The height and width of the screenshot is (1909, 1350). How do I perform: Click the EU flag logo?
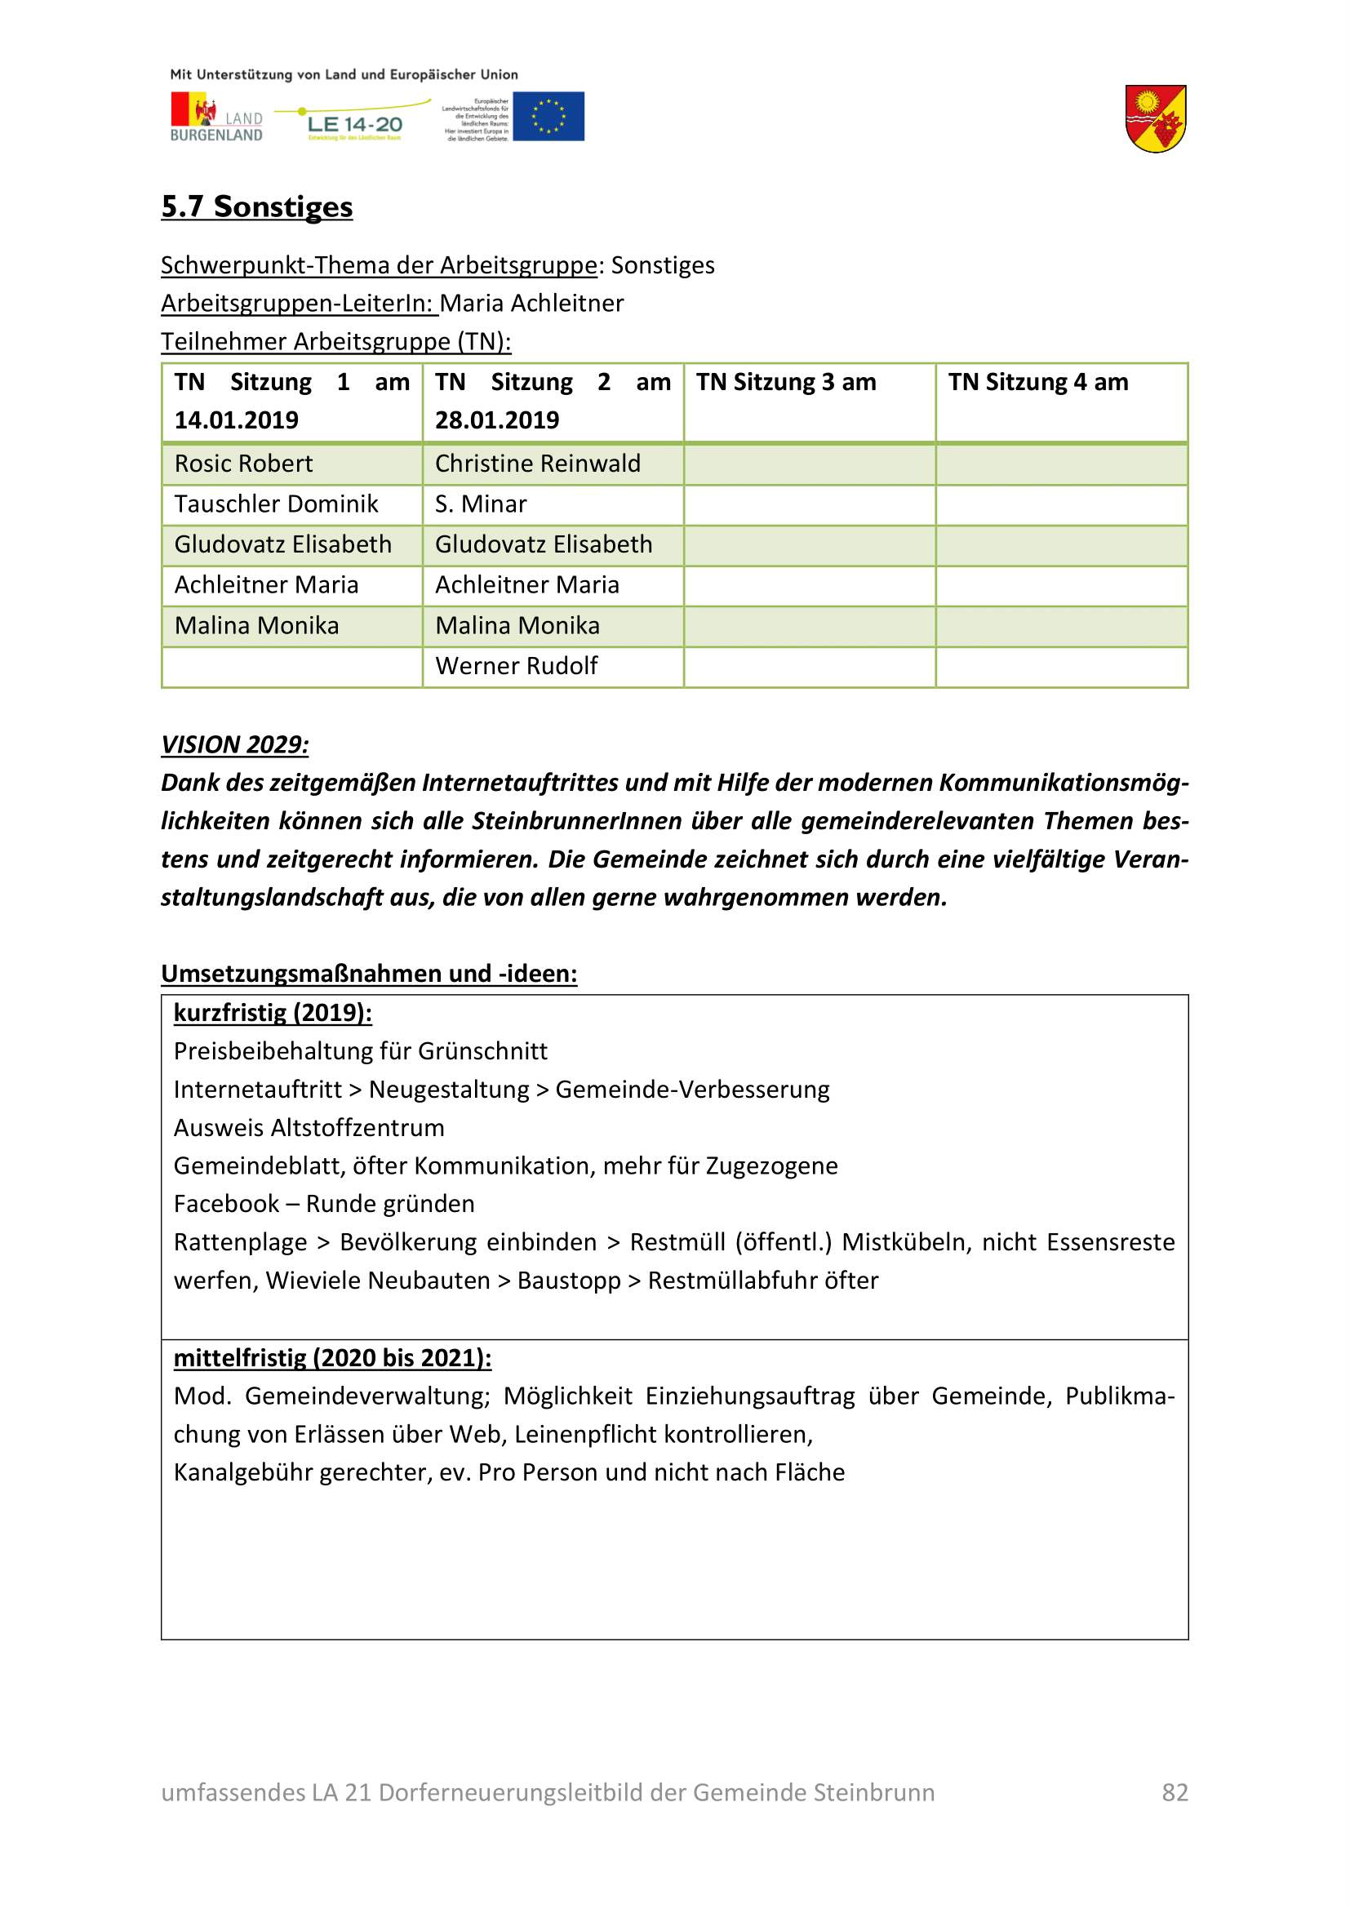pyautogui.click(x=548, y=117)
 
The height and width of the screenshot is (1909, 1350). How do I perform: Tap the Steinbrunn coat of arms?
pyautogui.click(x=1155, y=119)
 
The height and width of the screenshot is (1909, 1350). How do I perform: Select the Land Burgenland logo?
pyautogui.click(x=216, y=118)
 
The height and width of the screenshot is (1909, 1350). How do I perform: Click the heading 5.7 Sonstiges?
pyautogui.click(x=257, y=206)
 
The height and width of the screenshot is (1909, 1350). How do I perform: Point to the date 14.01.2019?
pyautogui.click(x=236, y=420)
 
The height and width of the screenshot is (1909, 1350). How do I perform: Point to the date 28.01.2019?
pyautogui.click(x=497, y=420)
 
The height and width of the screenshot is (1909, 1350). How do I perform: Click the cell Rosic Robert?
pyautogui.click(x=243, y=464)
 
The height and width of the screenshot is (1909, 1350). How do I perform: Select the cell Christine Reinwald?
pyautogui.click(x=538, y=464)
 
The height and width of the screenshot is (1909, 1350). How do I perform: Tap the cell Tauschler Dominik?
pyautogui.click(x=276, y=504)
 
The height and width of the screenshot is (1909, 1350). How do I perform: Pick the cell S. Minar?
pyautogui.click(x=481, y=504)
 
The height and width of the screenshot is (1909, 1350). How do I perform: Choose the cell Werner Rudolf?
pyautogui.click(x=516, y=666)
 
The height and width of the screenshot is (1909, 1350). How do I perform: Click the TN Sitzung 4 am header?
pyautogui.click(x=1038, y=383)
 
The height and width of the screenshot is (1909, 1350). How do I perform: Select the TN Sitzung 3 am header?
pyautogui.click(x=785, y=383)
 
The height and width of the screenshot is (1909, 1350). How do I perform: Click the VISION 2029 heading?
pyautogui.click(x=234, y=744)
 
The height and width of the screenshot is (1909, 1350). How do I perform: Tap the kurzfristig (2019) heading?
pyautogui.click(x=273, y=1013)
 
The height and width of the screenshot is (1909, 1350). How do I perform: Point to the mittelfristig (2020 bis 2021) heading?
pyautogui.click(x=332, y=1358)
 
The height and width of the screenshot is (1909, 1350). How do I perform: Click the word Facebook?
pyautogui.click(x=226, y=1204)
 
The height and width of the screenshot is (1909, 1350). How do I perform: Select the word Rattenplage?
pyautogui.click(x=240, y=1242)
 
